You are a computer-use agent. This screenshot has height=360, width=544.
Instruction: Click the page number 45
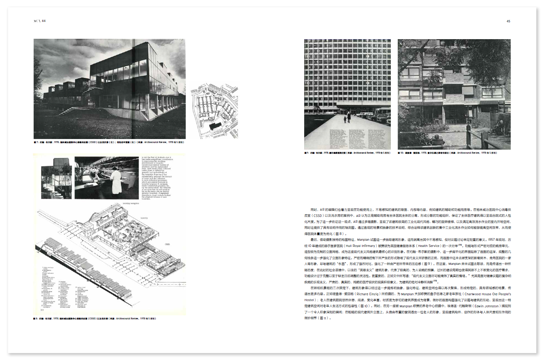click(x=508, y=21)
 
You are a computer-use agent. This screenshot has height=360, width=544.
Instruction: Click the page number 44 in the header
click(x=44, y=21)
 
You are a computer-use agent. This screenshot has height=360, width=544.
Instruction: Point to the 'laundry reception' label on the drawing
click(x=131, y=203)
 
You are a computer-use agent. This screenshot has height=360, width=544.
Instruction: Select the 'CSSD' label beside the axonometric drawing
click(x=167, y=244)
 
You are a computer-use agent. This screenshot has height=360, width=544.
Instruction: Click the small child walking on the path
click(x=345, y=119)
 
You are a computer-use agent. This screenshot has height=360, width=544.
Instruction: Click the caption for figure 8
click(x=95, y=319)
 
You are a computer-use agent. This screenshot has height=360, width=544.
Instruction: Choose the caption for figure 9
click(x=347, y=153)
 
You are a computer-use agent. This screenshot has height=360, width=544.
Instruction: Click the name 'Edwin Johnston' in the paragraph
click(x=487, y=306)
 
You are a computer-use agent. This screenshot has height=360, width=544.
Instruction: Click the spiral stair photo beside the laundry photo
click(x=57, y=178)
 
